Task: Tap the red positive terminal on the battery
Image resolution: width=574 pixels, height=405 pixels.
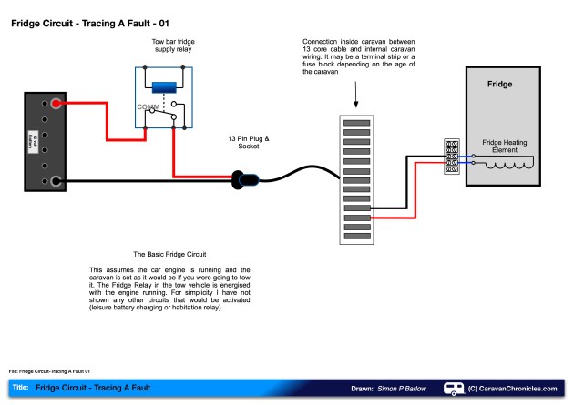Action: [x=56, y=103]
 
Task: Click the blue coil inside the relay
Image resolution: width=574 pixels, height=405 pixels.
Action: [x=164, y=87]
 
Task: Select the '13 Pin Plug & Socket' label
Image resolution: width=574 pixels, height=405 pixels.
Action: [x=249, y=143]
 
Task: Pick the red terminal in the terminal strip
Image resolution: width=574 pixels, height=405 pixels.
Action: [x=356, y=218]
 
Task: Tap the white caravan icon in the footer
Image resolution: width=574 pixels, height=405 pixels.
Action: [x=453, y=389]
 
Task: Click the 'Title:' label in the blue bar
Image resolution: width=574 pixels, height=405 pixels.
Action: [x=20, y=389]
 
